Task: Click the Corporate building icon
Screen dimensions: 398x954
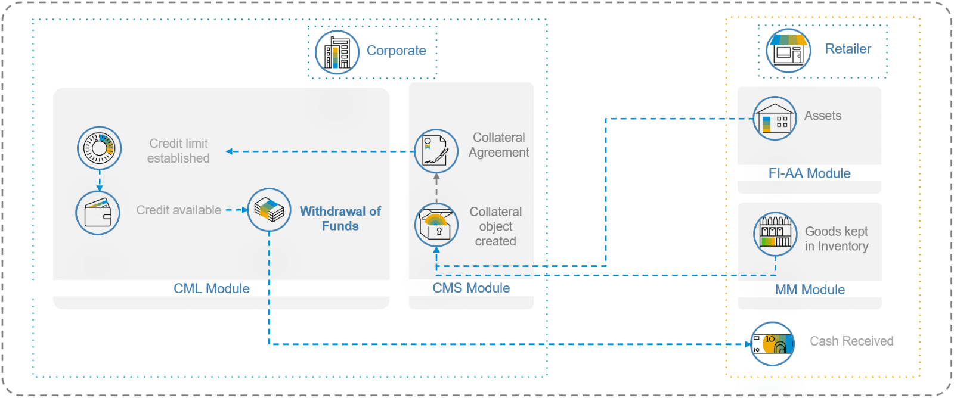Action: [x=337, y=52]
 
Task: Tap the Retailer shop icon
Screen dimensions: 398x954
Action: [x=788, y=51]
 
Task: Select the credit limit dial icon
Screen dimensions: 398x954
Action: [x=100, y=148]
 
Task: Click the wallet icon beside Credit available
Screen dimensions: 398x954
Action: [x=98, y=213]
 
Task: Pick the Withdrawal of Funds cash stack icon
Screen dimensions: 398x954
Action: [x=269, y=210]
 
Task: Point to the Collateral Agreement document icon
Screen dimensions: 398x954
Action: [x=436, y=151]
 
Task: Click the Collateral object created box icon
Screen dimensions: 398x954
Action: [x=436, y=225]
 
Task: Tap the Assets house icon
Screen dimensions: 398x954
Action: [x=775, y=119]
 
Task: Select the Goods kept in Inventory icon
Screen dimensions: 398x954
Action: [x=775, y=234]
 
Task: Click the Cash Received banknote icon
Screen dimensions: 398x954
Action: [x=772, y=344]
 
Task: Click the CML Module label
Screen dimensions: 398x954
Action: [x=212, y=288]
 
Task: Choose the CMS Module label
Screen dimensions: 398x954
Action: [x=471, y=288]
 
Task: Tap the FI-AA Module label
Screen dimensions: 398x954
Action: [x=809, y=173]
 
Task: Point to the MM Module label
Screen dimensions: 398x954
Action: [x=810, y=290]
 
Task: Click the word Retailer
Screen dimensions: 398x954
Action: [x=847, y=49]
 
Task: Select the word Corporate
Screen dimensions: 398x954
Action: [x=396, y=51]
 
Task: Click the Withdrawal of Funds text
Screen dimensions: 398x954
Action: [x=340, y=219]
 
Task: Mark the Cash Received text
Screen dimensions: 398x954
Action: [x=851, y=341]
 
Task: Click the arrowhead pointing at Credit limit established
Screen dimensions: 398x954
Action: [x=230, y=151]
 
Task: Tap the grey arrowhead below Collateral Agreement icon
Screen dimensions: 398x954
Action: [x=436, y=177]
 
